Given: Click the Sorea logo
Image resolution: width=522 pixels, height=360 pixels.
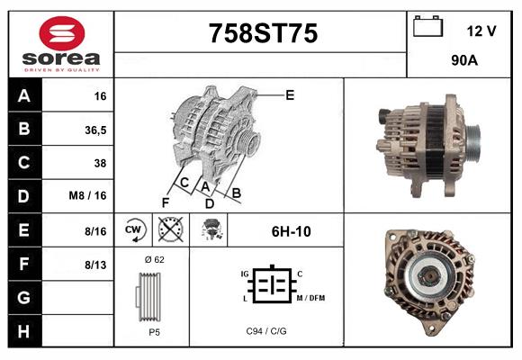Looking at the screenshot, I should click(x=61, y=44).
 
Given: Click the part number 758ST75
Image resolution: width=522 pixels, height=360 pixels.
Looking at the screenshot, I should click(x=263, y=34).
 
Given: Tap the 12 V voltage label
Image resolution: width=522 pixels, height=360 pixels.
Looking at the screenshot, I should click(x=481, y=31).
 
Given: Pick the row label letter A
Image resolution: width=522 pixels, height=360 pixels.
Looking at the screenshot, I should click(x=24, y=95).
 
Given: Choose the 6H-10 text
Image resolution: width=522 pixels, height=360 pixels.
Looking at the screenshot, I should click(x=291, y=231).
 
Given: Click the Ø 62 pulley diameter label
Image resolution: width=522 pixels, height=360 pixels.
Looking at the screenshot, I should click(x=153, y=259).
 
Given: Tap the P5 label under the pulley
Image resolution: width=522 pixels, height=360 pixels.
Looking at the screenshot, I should click(x=154, y=331).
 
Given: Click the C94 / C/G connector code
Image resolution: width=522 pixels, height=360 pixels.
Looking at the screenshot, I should click(x=266, y=331).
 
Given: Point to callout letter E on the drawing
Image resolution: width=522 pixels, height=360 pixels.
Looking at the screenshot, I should click(x=290, y=94).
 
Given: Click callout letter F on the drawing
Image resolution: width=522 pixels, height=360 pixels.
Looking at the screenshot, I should click(x=165, y=202).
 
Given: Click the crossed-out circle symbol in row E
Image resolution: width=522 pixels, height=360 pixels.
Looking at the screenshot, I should click(x=169, y=230).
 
